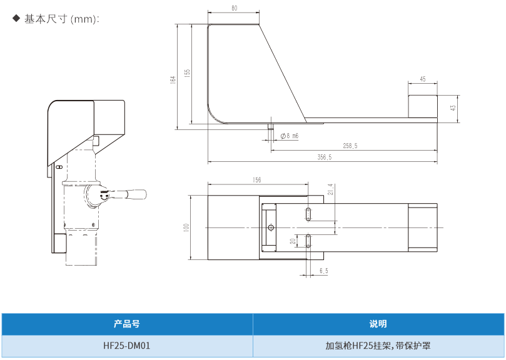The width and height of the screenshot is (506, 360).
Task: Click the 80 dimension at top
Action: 234,9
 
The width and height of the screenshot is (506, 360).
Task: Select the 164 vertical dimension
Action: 173,80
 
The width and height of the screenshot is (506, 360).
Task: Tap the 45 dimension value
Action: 422,79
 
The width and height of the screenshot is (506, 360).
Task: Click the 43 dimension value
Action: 453,107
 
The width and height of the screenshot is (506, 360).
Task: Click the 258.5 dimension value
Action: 350,146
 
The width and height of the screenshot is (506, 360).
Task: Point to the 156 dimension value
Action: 256,180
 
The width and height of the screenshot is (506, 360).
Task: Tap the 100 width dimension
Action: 186,227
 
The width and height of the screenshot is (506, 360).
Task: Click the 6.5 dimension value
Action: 323,271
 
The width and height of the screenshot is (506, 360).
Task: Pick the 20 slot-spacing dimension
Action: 292,241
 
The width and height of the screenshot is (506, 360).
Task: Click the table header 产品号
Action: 127,324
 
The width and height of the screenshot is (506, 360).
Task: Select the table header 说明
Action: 378,324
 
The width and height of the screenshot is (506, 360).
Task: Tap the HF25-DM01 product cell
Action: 127,345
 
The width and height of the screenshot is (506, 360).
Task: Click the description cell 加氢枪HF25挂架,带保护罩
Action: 378,345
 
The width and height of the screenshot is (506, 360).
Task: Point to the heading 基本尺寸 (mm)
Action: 61,19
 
